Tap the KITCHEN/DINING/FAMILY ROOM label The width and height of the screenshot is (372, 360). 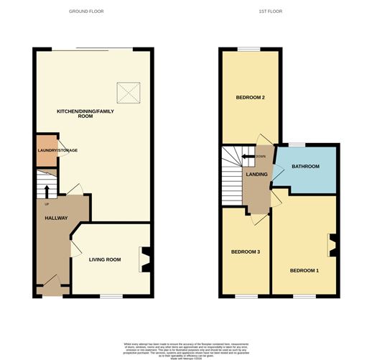pyautogui.click(x=85, y=113)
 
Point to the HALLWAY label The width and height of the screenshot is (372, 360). pyautogui.click(x=56, y=218)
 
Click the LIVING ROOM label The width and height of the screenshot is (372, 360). pyautogui.click(x=104, y=259)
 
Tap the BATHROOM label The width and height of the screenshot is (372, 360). pyautogui.click(x=305, y=167)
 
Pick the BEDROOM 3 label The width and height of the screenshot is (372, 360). pyautogui.click(x=246, y=251)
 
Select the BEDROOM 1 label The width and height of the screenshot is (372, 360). pyautogui.click(x=304, y=270)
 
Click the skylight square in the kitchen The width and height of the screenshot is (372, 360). pyautogui.click(x=127, y=92)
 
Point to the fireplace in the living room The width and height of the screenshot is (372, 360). pyautogui.click(x=146, y=259)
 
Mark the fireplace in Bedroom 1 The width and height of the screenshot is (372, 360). pyautogui.click(x=333, y=245)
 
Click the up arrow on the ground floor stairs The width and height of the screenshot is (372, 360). pyautogui.click(x=47, y=190)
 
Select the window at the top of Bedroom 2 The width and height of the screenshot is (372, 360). pyautogui.click(x=248, y=49)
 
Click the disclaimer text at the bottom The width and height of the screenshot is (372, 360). pyautogui.click(x=185, y=348)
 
